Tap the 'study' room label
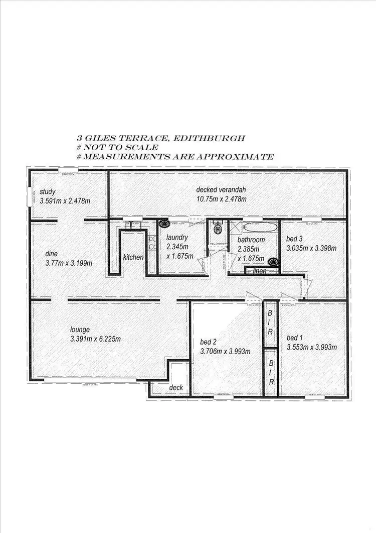point(47,191)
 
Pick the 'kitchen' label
point(133,257)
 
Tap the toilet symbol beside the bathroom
point(217,229)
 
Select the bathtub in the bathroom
point(259,227)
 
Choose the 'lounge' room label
point(80,330)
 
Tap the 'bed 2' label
point(208,342)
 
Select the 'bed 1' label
point(295,338)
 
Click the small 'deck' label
point(176,387)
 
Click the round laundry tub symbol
point(163,226)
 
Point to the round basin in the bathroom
point(273,261)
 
